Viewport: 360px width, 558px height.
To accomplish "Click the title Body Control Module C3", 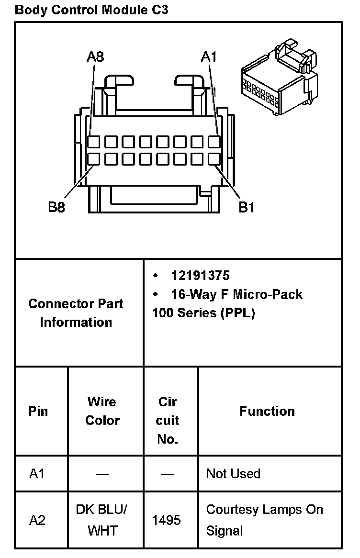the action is point(91,10).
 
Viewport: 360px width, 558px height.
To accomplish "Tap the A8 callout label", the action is point(95,57).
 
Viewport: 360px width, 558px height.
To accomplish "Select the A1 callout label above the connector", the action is point(209,57).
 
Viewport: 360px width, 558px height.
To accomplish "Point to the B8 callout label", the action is point(56,207).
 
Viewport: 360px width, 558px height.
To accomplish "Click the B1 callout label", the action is point(247,207).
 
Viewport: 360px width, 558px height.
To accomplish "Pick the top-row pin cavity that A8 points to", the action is point(94,142).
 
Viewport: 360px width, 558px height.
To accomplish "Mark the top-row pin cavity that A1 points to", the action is point(214,142).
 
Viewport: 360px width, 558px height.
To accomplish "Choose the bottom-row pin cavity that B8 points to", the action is point(94,158).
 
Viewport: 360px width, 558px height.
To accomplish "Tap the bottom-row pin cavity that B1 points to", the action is point(214,158).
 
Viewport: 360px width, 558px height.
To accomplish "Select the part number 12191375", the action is point(200,276).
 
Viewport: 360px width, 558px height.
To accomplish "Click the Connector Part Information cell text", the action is point(76,312).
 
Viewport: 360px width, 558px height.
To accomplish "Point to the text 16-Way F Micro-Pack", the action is point(236,294).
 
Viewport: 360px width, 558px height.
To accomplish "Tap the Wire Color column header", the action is point(102,411).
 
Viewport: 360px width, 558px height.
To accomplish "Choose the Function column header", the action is point(267,411).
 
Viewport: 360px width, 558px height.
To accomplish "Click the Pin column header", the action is point(38,411).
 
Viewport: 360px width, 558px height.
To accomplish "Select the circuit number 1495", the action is point(166,520).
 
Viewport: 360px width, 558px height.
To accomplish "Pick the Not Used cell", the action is point(233,474).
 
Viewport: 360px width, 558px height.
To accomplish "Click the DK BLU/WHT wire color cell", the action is point(102,520).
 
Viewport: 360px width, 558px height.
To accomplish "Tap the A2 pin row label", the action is point(37,520).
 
